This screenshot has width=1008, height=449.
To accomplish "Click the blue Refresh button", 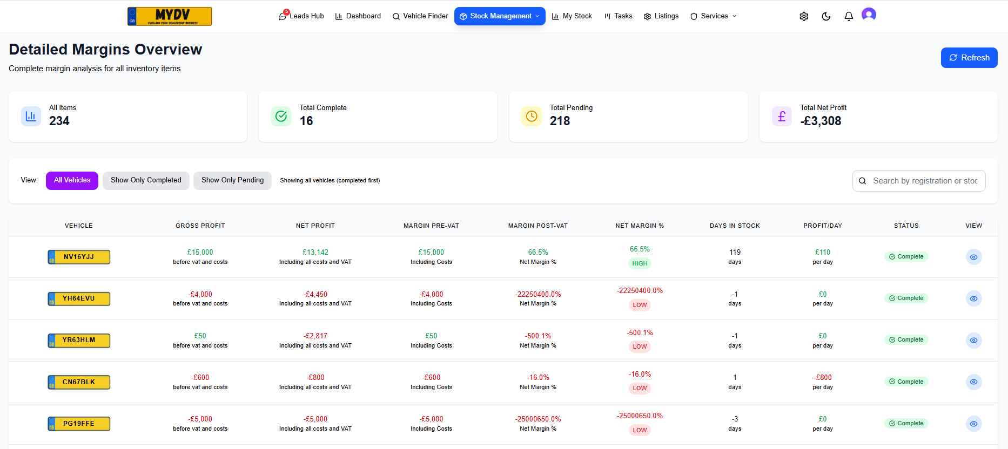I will coord(969,58).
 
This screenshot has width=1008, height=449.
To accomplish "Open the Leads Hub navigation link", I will coord(301,16).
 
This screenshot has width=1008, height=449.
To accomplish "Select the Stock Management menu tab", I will coord(500,16).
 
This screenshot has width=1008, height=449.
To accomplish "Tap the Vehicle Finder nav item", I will coord(420,16).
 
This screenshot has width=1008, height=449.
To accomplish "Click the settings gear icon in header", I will coord(804,16).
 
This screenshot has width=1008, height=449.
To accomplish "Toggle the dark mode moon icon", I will coord(826,16).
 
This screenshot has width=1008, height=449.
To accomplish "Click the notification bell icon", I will coord(849,16).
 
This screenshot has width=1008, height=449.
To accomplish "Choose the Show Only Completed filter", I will coord(146,180).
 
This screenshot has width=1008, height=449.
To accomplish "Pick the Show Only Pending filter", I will coord(232,180).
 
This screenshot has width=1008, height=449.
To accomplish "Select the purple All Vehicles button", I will coord(72,180).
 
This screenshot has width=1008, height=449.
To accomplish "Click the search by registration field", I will coord(924,181).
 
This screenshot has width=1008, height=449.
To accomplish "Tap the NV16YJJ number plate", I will coord(79,257).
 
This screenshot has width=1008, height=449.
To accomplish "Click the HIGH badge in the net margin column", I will coord(640,263).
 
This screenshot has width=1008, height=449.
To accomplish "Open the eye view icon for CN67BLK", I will coord(973,382).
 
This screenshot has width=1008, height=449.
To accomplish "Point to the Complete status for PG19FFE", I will coord(906,424).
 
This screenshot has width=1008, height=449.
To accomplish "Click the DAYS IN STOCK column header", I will coord(735,226).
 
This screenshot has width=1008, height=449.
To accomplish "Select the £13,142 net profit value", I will coord(315,252).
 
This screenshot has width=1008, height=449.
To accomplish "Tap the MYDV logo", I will coord(170,16).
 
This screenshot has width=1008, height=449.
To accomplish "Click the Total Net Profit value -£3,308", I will coord(821,121).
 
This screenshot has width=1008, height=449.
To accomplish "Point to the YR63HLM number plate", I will coord(79,341).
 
